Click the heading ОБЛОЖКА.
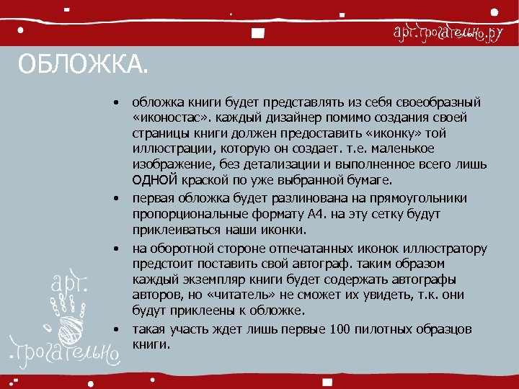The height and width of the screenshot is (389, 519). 81,67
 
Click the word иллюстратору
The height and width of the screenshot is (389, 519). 445,249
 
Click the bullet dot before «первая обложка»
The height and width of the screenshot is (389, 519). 115,198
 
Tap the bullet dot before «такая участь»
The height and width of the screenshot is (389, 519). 115,329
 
